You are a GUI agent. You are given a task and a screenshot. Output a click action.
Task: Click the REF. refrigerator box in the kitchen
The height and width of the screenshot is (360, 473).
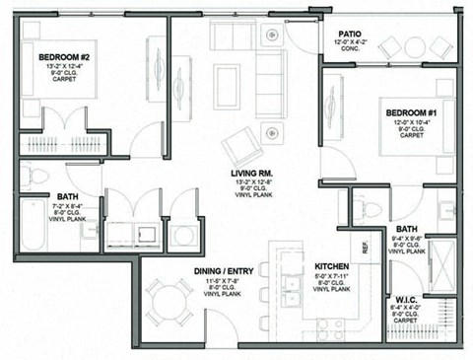366,250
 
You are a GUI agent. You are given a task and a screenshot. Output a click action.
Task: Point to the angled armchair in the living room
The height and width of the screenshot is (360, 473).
240,147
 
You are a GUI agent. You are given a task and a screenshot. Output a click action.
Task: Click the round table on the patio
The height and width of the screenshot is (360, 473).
414,46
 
